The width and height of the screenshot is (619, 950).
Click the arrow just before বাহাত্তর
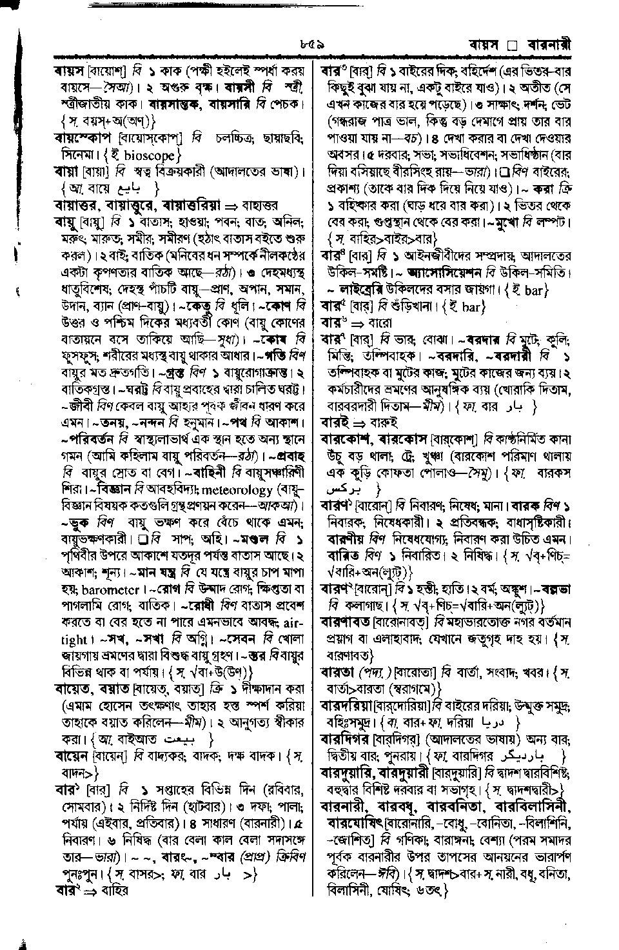(230, 206)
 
